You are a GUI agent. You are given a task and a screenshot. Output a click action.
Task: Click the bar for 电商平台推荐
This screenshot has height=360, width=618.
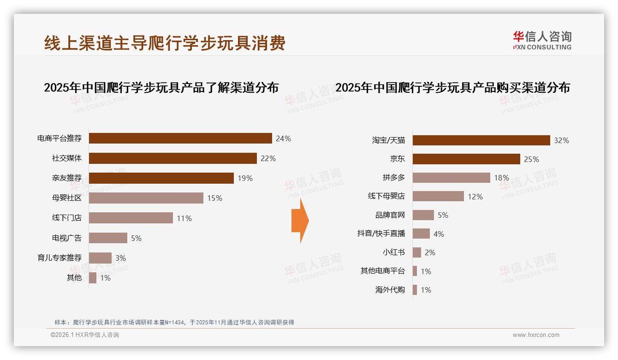180,138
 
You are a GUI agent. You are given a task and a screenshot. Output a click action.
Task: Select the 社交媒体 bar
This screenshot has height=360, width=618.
172,158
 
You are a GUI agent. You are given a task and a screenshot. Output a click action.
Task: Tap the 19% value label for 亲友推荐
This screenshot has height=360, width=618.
245,178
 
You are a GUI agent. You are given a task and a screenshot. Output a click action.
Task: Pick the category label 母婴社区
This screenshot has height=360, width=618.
67,198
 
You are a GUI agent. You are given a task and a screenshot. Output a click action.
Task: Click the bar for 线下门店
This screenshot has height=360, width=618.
131,218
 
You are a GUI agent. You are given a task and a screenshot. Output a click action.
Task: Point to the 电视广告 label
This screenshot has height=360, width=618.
67,238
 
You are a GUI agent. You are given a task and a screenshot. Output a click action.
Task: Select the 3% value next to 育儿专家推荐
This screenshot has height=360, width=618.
120,258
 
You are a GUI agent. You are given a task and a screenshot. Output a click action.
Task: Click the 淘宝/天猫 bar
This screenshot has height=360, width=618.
481,140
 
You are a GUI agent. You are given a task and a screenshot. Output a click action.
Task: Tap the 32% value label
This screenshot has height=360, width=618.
561,140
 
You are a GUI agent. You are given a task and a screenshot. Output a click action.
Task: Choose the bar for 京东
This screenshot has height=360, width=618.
466,159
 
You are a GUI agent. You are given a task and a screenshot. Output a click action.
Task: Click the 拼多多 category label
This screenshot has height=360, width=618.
394,178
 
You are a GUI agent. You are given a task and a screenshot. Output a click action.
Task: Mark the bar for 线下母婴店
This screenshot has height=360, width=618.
438,196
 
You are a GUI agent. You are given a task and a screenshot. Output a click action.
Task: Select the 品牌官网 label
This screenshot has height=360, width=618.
390,215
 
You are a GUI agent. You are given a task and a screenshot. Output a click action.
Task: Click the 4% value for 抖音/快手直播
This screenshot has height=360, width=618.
439,234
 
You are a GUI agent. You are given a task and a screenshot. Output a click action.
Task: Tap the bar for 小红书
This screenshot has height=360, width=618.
417,252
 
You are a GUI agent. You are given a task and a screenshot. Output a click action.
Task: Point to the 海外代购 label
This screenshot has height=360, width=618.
390,290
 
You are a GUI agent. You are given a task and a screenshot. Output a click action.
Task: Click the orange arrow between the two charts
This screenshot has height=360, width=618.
300,221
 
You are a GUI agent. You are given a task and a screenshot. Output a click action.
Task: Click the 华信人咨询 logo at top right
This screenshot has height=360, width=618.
542,40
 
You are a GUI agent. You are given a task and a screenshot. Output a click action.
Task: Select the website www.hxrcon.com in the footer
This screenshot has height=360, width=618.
536,335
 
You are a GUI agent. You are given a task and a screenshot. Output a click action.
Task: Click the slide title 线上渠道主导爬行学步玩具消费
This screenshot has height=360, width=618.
165,42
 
